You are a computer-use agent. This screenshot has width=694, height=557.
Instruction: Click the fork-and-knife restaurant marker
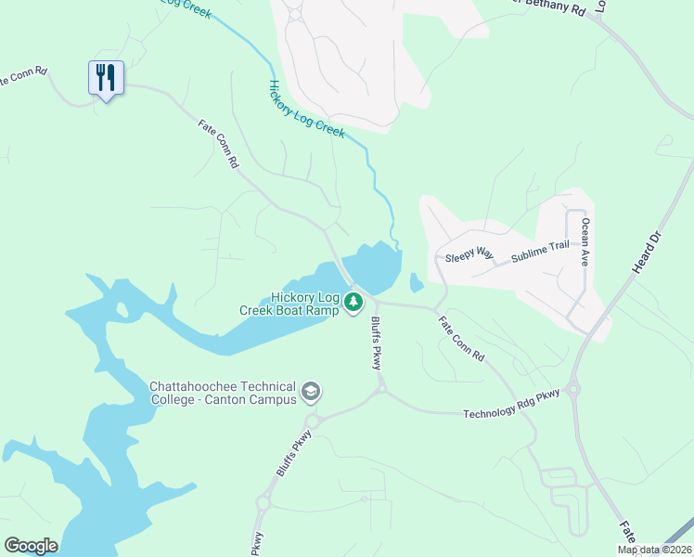coord(106,77)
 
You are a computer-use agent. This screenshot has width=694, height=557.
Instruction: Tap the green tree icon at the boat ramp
coord(353,302)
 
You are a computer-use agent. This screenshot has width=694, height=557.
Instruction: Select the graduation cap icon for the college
coord(311,394)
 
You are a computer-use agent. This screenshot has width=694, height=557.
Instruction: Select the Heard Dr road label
coord(646,252)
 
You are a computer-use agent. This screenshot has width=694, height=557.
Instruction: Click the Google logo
coord(31,546)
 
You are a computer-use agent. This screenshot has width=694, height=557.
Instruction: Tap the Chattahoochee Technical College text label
coord(223,393)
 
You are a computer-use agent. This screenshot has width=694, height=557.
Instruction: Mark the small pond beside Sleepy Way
coord(416,282)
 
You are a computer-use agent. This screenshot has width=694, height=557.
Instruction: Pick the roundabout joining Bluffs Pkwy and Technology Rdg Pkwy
coord(379,392)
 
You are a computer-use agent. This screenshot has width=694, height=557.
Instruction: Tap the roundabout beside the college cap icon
coord(313,421)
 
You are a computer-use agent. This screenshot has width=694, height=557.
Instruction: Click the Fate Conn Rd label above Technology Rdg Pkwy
coord(461,339)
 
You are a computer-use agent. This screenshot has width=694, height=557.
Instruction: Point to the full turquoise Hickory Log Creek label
coord(306,109)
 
